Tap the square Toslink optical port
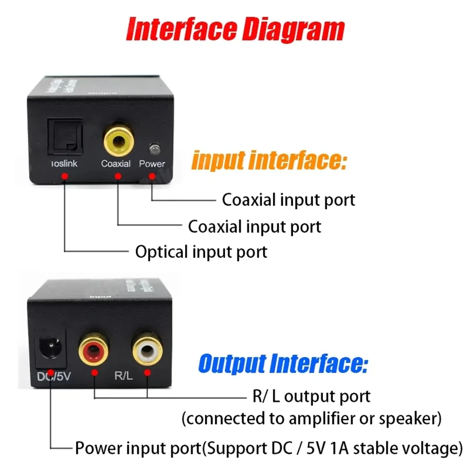(65, 135)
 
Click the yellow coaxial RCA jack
(118, 139)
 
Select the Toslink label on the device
(64, 164)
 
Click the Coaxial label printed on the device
(116, 164)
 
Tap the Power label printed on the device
(152, 164)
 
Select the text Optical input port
(201, 251)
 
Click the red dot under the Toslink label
(64, 178)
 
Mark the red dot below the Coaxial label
(118, 178)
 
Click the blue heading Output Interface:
(283, 363)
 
